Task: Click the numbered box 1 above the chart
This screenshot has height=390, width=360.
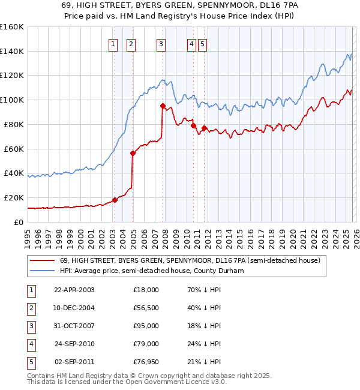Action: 113,43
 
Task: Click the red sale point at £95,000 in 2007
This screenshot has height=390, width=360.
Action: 163,106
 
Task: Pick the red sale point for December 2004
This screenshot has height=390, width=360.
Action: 133,153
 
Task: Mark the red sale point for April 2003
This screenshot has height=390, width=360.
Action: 115,200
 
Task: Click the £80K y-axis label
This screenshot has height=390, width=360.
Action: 14,125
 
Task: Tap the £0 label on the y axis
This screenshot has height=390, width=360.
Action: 18,222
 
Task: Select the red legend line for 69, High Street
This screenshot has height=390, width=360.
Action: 42,260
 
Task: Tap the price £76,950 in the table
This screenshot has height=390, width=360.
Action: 146,362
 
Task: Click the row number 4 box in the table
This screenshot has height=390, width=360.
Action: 29,344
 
